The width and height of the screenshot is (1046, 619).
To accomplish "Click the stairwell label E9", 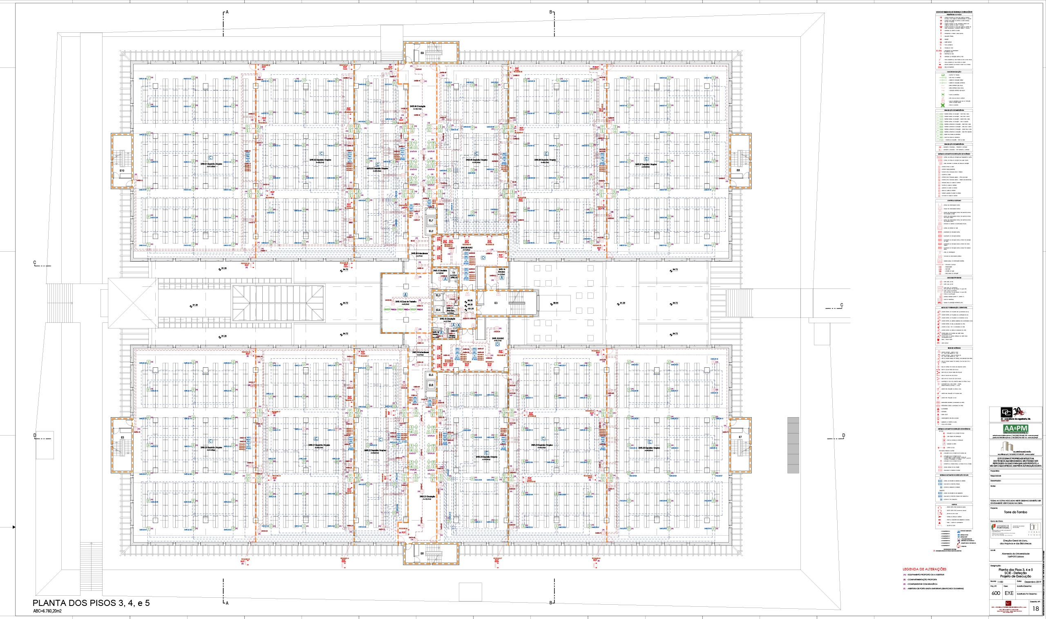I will (422, 53).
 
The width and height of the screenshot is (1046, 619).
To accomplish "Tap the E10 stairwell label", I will (122, 171).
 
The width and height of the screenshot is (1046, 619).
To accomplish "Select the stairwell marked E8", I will (738, 170).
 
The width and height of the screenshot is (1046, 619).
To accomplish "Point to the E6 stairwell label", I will (422, 554).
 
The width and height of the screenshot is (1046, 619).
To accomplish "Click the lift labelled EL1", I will (431, 220).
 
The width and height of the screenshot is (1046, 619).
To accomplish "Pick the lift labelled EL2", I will (431, 231).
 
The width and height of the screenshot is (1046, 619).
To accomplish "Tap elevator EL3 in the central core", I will (438, 295).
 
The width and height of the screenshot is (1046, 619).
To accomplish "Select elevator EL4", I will (438, 310).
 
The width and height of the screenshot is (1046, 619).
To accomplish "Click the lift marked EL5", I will (431, 375).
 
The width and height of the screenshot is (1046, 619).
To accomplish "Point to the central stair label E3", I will (496, 303).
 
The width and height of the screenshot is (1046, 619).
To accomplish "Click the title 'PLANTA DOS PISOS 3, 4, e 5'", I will (91, 603).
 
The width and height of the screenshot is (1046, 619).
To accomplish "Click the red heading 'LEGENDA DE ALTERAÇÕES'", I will (924, 569).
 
